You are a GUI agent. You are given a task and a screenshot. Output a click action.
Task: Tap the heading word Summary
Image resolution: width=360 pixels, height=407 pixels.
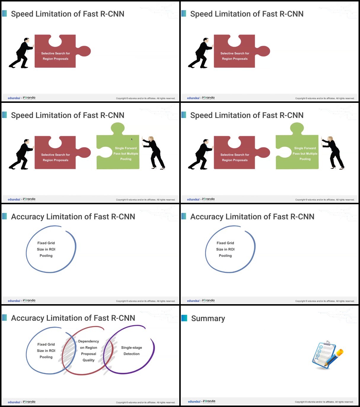208,318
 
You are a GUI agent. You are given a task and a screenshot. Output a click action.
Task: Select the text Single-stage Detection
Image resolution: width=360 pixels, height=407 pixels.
132,351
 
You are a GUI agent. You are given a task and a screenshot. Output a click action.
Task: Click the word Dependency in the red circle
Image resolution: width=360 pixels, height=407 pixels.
89,341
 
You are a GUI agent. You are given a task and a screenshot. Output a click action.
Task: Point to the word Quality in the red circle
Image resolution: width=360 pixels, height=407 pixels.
89,360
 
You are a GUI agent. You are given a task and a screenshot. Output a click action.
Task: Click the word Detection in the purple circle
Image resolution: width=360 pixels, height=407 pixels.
132,354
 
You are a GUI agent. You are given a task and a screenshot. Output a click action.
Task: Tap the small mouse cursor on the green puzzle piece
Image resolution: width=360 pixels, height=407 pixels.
132,139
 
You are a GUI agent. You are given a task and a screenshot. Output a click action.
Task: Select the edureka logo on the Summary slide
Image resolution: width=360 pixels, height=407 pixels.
194,401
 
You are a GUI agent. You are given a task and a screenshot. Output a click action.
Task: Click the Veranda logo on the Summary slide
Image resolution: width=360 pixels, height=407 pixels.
209,401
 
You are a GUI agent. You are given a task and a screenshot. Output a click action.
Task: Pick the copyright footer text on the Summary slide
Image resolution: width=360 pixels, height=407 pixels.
324,402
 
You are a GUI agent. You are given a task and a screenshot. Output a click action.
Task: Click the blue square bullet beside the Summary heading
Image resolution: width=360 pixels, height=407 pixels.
184,318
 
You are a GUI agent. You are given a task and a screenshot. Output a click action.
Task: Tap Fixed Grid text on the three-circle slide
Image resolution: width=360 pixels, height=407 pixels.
46,344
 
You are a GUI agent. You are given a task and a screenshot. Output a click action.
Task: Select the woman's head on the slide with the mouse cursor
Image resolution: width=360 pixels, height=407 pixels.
151,138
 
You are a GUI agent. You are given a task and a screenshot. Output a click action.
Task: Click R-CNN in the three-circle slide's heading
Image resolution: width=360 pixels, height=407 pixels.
123,318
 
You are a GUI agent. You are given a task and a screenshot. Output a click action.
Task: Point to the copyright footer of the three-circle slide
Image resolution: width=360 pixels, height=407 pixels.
145,402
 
